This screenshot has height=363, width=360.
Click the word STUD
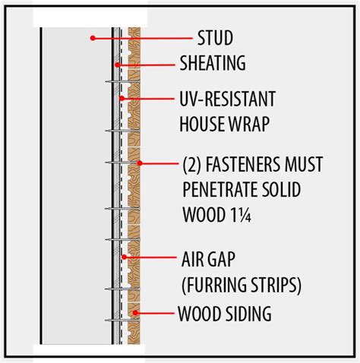[x=215, y=38]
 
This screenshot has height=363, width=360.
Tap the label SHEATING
[x=213, y=63]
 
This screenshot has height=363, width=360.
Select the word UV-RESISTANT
[x=227, y=99]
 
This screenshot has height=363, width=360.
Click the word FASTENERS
[x=243, y=164]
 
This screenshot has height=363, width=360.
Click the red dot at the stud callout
[x=93, y=38]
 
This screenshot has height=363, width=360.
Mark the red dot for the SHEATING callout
[x=117, y=65]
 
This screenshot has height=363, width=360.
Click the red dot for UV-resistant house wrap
[x=122, y=98]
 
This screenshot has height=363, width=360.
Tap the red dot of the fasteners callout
[x=140, y=163]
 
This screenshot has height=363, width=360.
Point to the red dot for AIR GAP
[x=124, y=257]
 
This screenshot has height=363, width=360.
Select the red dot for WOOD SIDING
[x=135, y=313]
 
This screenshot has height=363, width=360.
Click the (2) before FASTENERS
[x=192, y=165]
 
